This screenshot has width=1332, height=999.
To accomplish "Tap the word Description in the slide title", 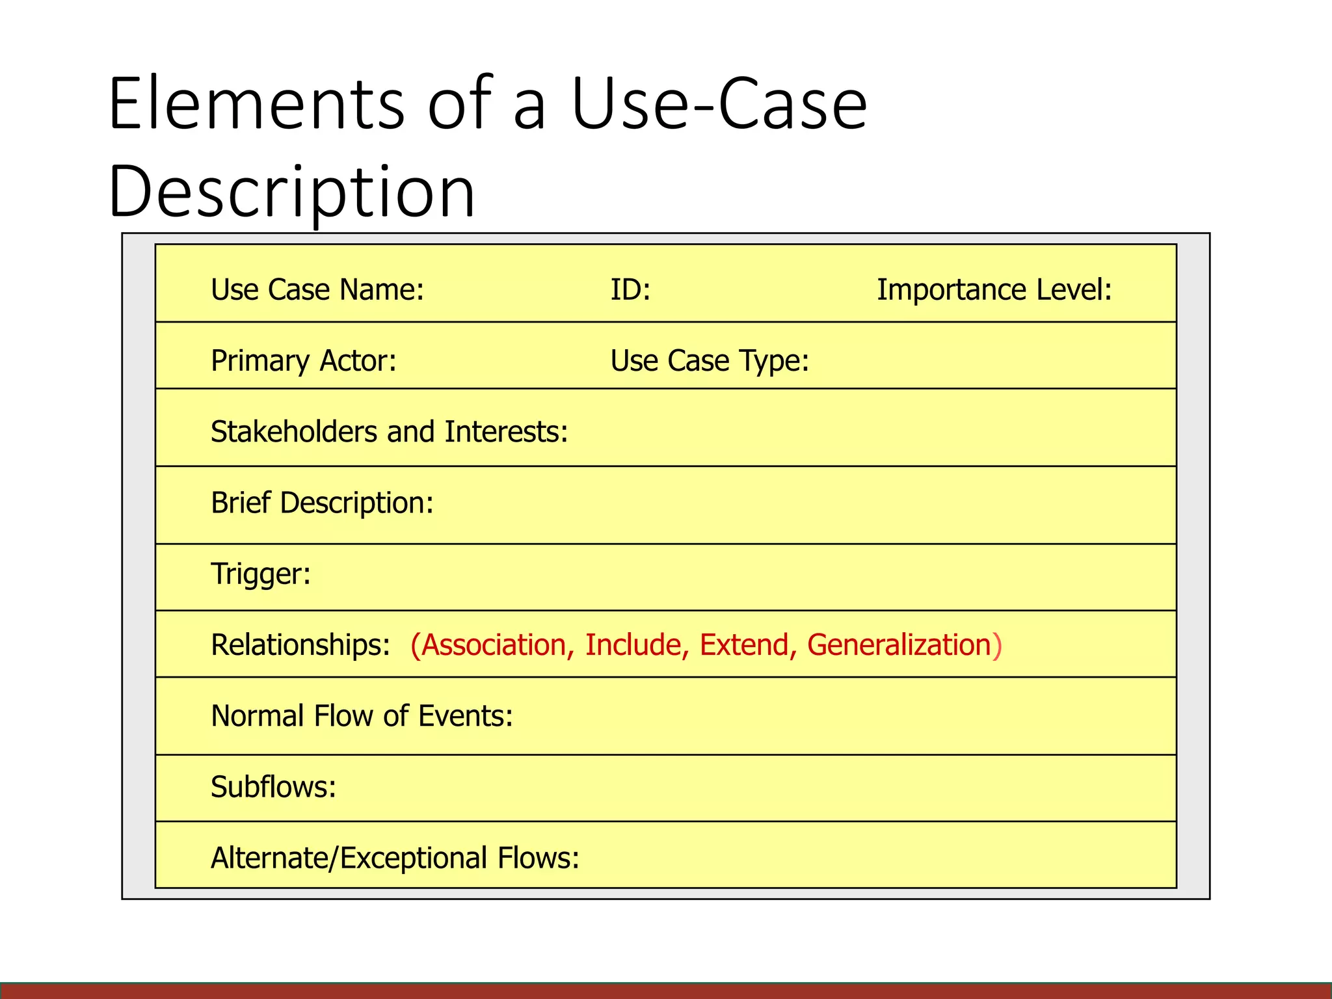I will (292, 192).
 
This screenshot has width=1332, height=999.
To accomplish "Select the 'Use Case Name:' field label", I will (317, 290).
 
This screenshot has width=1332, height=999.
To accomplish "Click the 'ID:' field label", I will (630, 290).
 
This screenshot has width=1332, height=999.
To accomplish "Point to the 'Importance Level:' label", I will (994, 290).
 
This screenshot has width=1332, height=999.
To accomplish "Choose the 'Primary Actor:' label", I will (304, 361).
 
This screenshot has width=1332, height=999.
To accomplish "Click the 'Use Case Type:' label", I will (710, 361).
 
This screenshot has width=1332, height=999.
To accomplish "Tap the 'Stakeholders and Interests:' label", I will (390, 432).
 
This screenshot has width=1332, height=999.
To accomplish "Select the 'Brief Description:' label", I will (322, 503).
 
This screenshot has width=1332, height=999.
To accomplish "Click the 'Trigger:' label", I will (261, 574).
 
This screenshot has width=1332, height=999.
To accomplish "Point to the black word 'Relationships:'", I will (300, 645).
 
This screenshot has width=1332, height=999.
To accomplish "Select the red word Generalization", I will (899, 645).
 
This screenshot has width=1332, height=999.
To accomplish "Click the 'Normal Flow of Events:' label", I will (362, 716).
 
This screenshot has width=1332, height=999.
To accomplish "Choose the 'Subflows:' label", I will (273, 787).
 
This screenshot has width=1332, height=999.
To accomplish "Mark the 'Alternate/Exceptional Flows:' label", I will (395, 858).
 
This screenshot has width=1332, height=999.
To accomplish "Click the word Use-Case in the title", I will (719, 104).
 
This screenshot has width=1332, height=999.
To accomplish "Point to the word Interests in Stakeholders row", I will (505, 432).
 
